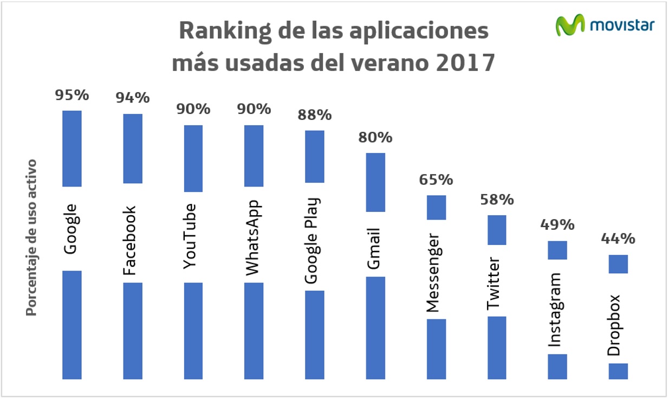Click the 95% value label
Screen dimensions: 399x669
click(72, 95)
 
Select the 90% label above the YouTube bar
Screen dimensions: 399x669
click(193, 109)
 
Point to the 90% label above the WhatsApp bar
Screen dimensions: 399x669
click(254, 109)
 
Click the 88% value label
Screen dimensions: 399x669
click(315, 115)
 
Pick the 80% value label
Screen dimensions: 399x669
click(375, 137)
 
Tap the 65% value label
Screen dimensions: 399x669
click(436, 179)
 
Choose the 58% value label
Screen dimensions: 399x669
click(497, 200)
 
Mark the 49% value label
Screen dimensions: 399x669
click(557, 224)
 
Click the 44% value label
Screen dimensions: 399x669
click(618, 239)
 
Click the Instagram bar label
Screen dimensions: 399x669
click(556, 310)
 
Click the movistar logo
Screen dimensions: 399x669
click(606, 25)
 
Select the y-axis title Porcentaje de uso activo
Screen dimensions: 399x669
click(32, 237)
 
